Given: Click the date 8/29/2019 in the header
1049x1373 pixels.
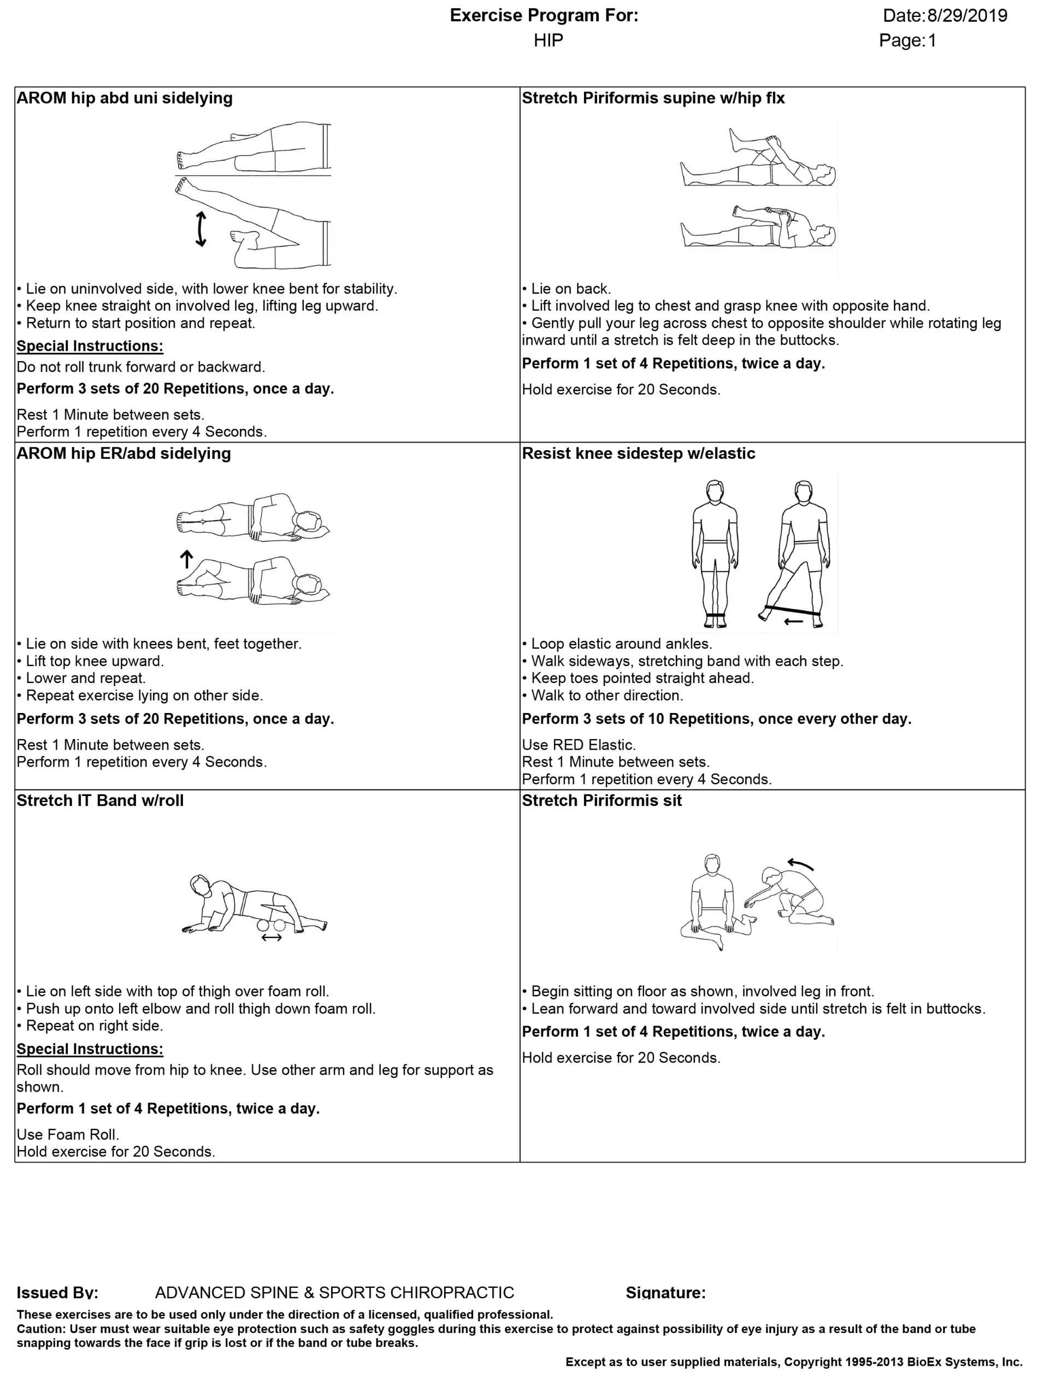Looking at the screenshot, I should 967,16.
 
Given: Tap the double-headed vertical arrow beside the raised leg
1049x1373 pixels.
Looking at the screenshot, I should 201,229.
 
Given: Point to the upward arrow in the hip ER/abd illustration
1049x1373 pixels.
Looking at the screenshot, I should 186,559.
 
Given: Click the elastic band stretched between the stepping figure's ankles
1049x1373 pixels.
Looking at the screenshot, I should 793,610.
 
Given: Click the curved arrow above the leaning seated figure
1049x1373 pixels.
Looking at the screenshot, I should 800,865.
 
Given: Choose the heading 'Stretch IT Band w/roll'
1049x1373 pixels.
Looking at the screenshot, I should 100,801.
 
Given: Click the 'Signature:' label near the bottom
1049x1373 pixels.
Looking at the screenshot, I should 665,1293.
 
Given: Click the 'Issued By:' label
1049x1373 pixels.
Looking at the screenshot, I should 57,1293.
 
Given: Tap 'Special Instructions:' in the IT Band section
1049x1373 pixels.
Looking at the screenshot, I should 90,1049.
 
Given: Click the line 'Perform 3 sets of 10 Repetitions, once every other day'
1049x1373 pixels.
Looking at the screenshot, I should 716,718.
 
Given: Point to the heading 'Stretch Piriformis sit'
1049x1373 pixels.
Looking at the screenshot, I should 602,801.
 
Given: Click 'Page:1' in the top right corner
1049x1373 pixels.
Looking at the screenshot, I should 907,40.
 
